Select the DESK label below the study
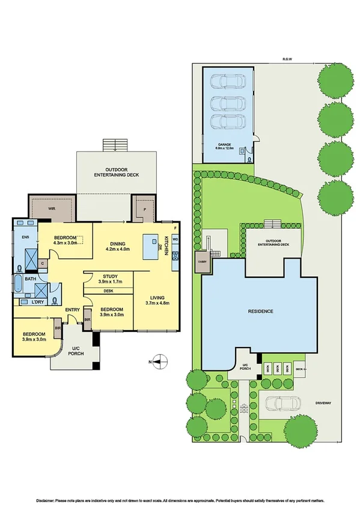[x=109, y=290]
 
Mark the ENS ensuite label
[x=25, y=238]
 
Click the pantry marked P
[x=144, y=209]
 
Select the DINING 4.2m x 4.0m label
[x=117, y=245]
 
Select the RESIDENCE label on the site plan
[x=261, y=312]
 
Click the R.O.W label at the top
[x=287, y=59]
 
